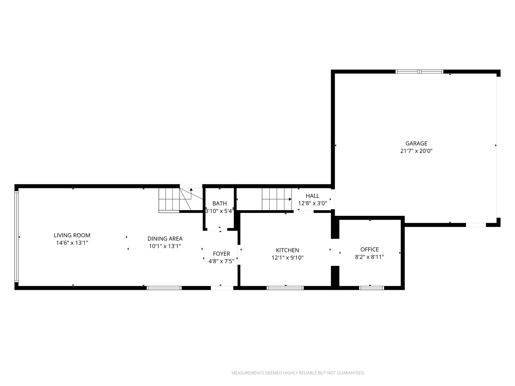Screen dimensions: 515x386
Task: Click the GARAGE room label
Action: (416, 143)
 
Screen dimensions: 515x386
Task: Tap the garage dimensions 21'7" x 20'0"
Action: (416, 151)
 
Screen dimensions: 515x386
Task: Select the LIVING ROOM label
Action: (72, 235)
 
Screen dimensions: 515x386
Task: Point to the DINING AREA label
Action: (165, 239)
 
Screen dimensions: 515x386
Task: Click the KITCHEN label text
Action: (288, 250)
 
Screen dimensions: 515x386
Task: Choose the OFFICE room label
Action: (369, 249)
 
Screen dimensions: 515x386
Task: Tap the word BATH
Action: (220, 203)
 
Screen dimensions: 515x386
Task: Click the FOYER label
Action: (221, 254)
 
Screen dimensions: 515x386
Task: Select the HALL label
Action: (313, 196)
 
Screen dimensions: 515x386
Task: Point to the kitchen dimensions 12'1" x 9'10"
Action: (288, 258)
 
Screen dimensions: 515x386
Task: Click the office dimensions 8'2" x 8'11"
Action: (369, 257)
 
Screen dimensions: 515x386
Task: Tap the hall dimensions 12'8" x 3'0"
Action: (313, 203)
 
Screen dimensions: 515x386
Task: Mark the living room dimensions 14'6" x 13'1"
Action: (72, 243)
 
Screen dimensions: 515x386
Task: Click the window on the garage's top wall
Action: (419, 71)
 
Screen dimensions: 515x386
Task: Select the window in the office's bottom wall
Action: (372, 288)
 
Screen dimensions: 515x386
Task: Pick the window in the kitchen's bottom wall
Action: (285, 288)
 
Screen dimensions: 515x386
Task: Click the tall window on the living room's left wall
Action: (16, 237)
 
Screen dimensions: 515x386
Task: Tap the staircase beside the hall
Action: (277, 199)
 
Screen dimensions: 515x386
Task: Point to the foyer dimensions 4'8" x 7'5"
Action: (221, 261)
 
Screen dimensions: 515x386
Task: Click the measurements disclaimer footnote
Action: (298, 373)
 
